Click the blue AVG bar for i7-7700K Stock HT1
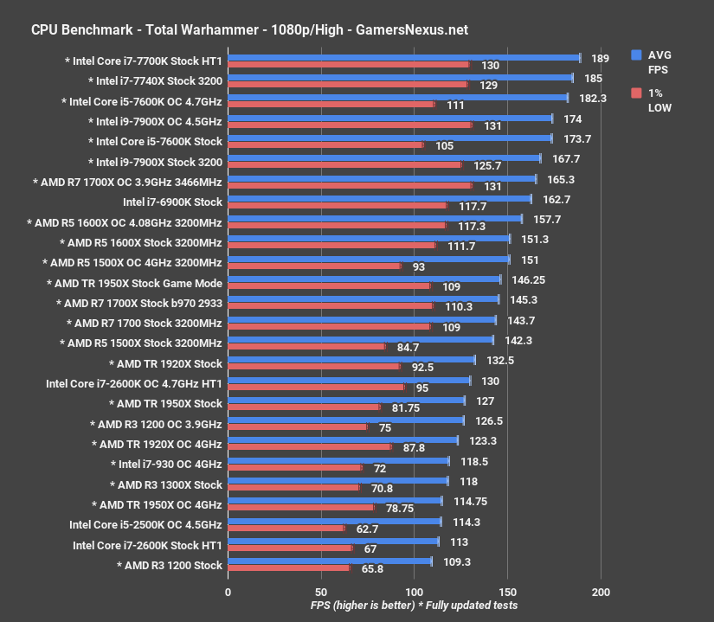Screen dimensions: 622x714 pos(403,58)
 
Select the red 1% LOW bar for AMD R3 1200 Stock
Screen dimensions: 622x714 pos(288,567)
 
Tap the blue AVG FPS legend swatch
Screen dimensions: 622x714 pos(637,55)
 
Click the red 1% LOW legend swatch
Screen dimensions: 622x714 pos(637,93)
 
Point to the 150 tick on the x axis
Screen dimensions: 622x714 pos(507,592)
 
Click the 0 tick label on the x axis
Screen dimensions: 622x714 pos(228,592)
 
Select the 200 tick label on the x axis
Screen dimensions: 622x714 pos(601,592)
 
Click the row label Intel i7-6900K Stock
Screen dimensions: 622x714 pos(172,202)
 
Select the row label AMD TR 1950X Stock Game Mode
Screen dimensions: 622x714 pos(134,283)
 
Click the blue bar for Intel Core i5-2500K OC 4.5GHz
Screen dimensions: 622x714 pos(334,522)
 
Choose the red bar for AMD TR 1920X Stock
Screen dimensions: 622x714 pos(313,366)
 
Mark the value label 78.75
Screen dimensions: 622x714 pos(399,508)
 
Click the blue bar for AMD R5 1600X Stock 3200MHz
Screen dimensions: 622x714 pos(369,239)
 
